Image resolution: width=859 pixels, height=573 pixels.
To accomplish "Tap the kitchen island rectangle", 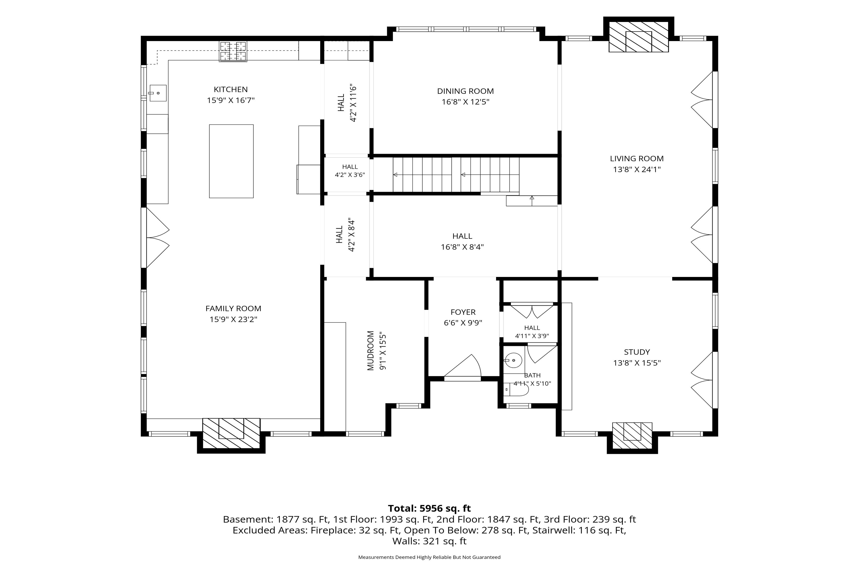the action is coord(231,161).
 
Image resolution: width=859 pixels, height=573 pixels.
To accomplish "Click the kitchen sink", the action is coord(158,93).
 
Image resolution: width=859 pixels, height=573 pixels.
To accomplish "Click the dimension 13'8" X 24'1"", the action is coord(637,170).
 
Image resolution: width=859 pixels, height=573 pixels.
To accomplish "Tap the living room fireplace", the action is coord(639,37).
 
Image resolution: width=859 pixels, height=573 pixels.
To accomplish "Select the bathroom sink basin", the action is coord(514,361).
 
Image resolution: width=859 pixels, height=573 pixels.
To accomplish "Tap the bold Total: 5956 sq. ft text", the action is coord(429,508).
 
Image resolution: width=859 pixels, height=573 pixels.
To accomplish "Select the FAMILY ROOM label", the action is coord(233,309).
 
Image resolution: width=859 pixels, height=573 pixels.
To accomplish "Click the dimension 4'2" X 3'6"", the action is coord(350,175).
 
